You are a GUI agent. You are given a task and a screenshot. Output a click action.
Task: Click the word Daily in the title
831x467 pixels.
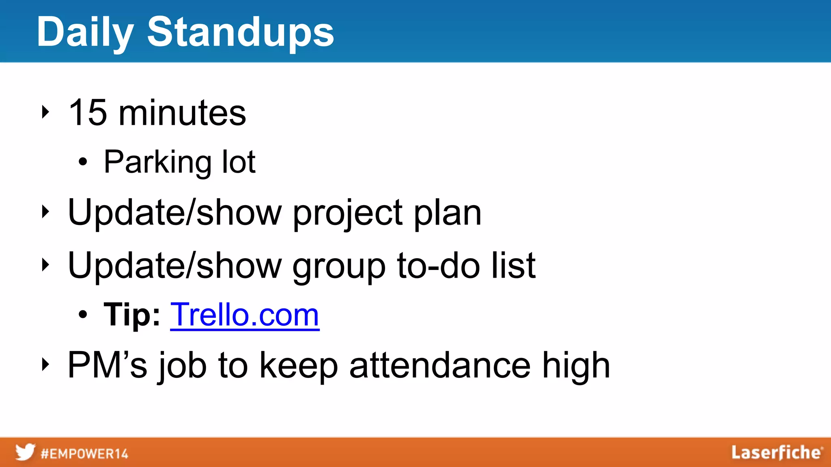(85, 32)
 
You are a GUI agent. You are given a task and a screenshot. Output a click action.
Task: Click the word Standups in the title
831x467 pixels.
(240, 32)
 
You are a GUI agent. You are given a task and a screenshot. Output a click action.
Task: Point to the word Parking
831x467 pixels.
(157, 162)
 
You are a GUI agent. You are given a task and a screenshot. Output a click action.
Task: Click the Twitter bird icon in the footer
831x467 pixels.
(25, 452)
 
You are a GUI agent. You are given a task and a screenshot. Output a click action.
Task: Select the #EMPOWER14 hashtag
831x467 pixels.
(84, 454)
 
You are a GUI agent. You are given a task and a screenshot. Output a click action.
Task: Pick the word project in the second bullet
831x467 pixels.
(348, 213)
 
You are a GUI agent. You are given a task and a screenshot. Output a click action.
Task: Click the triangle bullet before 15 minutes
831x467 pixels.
(45, 112)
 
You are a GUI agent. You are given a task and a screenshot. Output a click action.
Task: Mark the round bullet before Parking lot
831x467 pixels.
(83, 163)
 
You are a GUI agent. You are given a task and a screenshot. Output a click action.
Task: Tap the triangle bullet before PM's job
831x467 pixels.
(45, 364)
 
